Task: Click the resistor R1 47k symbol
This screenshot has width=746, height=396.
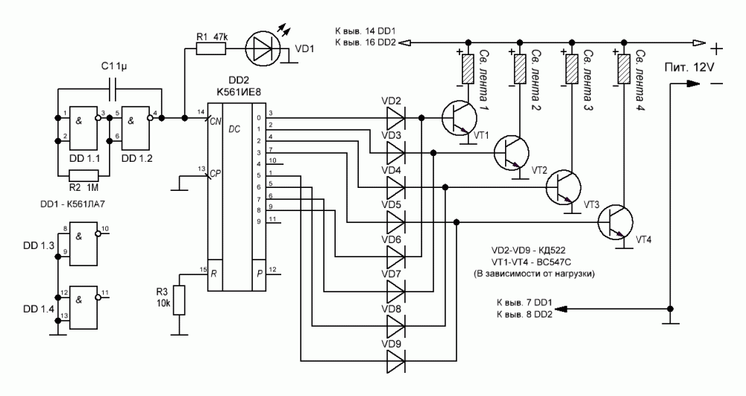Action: (x=211, y=49)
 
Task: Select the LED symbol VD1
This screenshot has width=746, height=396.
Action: (x=262, y=49)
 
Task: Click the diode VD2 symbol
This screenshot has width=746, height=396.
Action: (x=394, y=117)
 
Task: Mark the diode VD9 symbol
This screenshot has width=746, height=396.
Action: (x=394, y=362)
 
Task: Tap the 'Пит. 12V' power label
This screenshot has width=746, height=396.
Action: (x=691, y=68)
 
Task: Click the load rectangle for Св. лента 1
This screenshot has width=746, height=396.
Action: (x=468, y=69)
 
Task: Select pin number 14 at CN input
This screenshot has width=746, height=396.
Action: (x=200, y=112)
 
